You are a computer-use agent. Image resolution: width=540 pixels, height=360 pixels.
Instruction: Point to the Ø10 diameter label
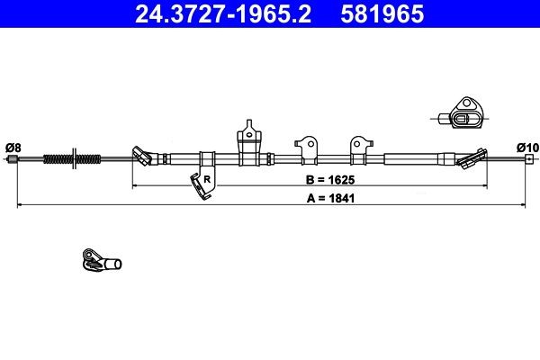[527, 147]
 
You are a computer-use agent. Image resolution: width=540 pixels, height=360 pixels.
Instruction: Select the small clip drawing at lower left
[100, 261]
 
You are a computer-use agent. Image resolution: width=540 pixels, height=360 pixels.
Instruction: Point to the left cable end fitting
[13, 160]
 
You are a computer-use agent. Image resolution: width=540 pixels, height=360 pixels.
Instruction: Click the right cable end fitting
[529, 161]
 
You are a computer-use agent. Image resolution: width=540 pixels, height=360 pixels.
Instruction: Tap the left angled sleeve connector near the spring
[141, 157]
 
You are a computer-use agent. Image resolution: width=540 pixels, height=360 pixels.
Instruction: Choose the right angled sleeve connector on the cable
[470, 160]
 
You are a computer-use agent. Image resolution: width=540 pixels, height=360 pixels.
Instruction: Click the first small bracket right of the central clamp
[305, 146]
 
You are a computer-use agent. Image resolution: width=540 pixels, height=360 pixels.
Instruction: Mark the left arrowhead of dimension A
[21, 205]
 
